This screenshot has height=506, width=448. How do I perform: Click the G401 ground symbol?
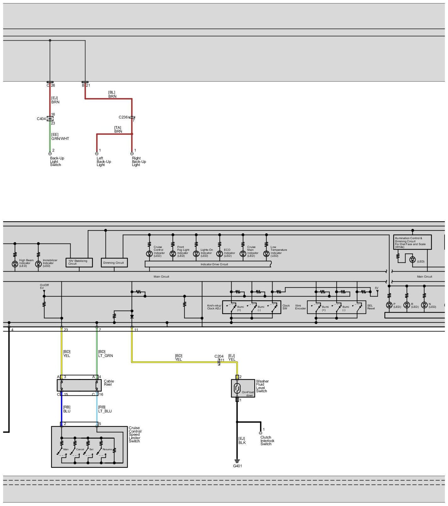[x=237, y=461]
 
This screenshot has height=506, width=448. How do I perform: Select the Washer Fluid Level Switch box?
[x=243, y=388]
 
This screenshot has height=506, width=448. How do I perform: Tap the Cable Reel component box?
[x=79, y=385]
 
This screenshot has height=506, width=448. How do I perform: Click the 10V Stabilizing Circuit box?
[x=79, y=262]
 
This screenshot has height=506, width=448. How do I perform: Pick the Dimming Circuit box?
[x=114, y=263]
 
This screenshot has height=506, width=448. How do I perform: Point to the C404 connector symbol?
[x=50, y=119]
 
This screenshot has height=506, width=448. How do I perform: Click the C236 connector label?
[x=123, y=117]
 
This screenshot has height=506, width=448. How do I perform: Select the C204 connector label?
[x=219, y=356]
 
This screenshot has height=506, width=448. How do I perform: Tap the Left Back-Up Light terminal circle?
[x=97, y=154]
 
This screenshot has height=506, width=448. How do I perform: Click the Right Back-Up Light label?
[x=139, y=162]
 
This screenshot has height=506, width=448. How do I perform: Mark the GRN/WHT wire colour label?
[x=60, y=139]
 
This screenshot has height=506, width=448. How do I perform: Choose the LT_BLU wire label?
[x=105, y=411]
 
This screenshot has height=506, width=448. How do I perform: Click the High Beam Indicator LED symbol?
[x=15, y=264]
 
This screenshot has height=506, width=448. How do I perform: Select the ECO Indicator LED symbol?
[x=220, y=254]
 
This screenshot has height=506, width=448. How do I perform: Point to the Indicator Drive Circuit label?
[x=214, y=264]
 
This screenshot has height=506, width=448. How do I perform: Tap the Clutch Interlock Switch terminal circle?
[x=261, y=433]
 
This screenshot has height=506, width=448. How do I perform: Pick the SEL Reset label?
[x=371, y=307]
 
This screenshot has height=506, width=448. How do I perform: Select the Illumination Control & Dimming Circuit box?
[x=412, y=242]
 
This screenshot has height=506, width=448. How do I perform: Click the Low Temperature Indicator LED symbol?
[x=267, y=254]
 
